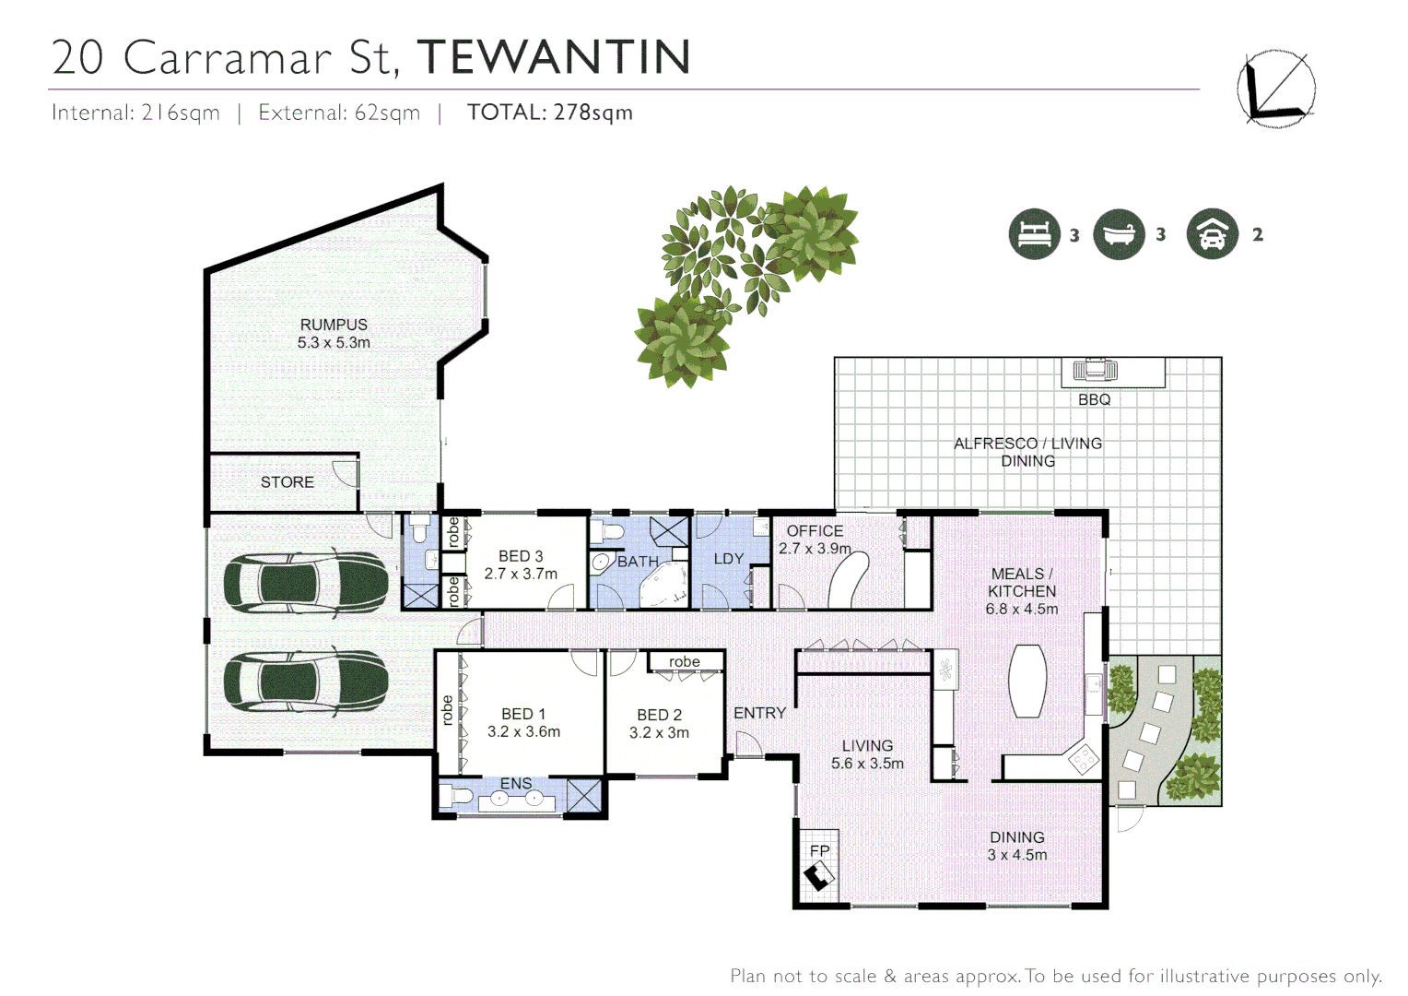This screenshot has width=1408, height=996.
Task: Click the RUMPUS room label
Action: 334,325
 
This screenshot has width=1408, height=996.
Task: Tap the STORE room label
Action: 287,482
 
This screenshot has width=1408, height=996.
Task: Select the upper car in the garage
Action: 305,583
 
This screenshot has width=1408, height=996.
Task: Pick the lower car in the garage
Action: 305,682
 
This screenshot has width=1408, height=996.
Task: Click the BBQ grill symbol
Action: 1095,371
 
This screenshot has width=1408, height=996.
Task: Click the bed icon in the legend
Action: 1034,234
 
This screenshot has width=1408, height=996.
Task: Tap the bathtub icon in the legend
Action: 1119,234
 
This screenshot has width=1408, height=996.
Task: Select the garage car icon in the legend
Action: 1212,234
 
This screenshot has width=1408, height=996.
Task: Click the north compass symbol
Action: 1275,89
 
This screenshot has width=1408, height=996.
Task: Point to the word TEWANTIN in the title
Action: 554,57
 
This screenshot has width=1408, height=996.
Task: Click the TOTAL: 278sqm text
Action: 550,113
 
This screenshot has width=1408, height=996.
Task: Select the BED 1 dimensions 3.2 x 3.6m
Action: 523,731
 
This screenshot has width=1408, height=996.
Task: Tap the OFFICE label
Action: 815,531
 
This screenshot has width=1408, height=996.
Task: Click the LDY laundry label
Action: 728,559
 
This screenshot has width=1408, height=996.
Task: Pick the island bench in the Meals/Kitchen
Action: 1027,680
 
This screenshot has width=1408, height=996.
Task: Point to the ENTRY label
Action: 759,713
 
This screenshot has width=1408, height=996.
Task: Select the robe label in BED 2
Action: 685,661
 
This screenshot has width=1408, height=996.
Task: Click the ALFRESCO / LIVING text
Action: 1027,444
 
